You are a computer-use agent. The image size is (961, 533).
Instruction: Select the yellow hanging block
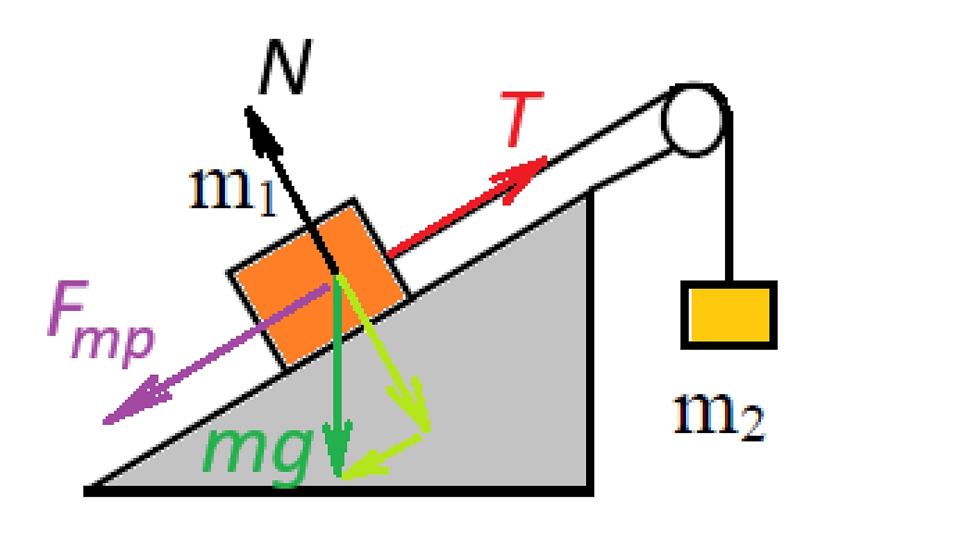pyautogui.click(x=729, y=315)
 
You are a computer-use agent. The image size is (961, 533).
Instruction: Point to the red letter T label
pyautogui.click(x=521, y=119)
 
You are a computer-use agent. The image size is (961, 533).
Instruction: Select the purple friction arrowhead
pyautogui.click(x=133, y=403)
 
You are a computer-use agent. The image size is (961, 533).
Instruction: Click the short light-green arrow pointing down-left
pyautogui.click(x=383, y=455)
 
